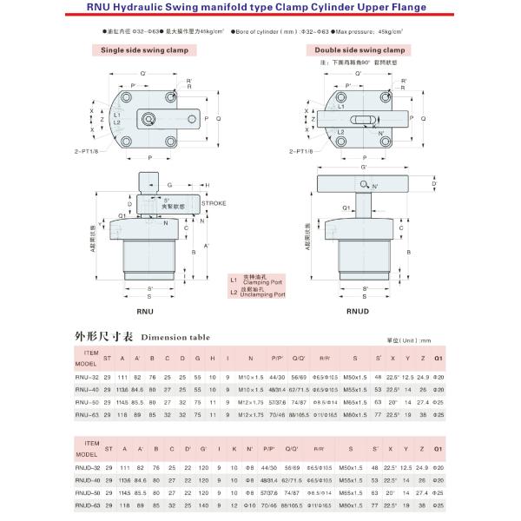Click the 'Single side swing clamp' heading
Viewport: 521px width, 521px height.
click(143, 50)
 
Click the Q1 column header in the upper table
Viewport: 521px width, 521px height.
click(438, 357)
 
